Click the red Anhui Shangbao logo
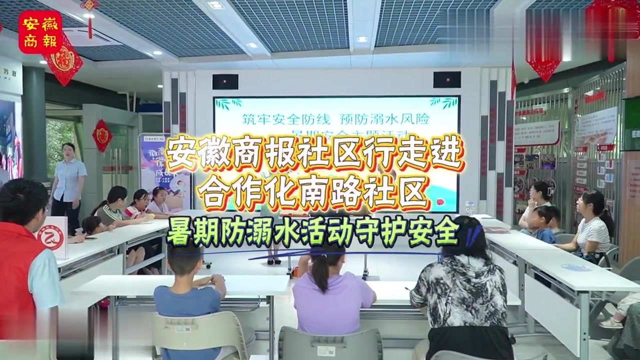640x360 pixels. pos(40,32)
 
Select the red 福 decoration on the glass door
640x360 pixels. pos(102,135)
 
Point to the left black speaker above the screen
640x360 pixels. pos(225,81)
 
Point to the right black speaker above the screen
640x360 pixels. pos(446,79)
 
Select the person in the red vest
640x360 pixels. pos(22,270)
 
